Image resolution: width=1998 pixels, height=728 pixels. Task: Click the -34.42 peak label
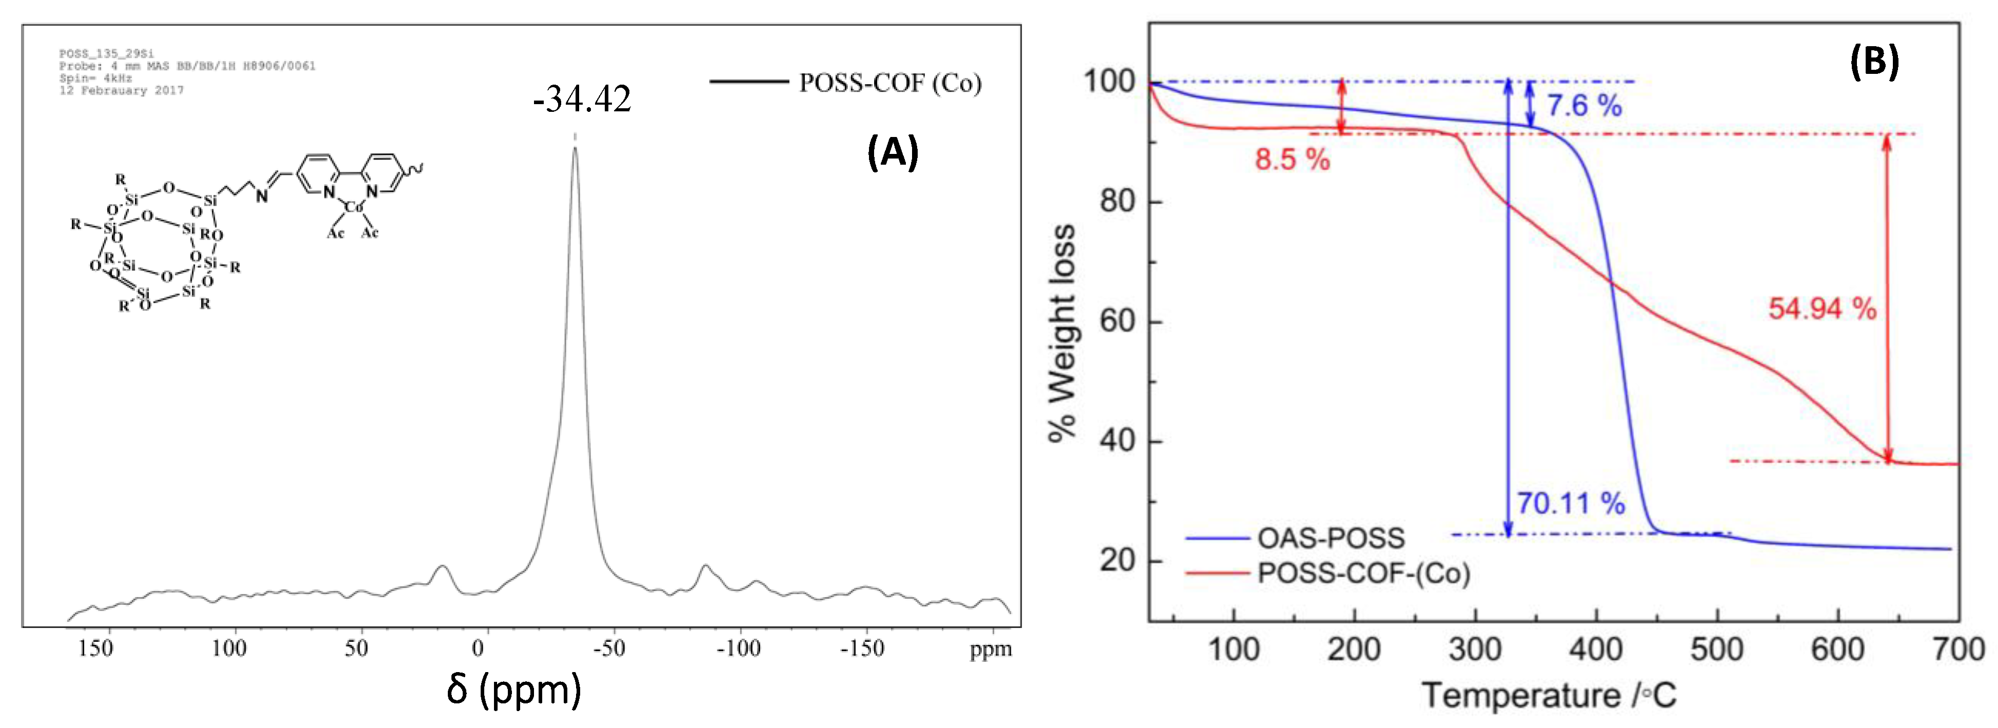[x=582, y=100]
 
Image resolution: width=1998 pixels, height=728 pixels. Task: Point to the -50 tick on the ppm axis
[x=609, y=647]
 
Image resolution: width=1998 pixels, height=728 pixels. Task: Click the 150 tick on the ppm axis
[x=95, y=647]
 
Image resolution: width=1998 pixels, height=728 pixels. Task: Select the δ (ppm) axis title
[x=513, y=689]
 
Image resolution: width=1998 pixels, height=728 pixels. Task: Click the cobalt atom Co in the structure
[x=353, y=206]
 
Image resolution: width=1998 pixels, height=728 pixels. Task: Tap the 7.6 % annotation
[x=1584, y=106]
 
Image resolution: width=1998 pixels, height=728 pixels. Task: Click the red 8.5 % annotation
[x=1292, y=160]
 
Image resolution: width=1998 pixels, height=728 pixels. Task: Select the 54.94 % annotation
[x=1822, y=309]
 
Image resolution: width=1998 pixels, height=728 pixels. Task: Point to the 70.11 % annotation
[x=1571, y=504]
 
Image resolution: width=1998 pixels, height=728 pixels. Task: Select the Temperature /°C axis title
[x=1548, y=695]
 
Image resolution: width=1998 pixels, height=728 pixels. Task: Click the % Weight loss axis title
[x=1062, y=334]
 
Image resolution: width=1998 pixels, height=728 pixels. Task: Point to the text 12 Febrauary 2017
[x=121, y=91]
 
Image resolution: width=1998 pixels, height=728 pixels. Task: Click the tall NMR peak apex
[x=575, y=147]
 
